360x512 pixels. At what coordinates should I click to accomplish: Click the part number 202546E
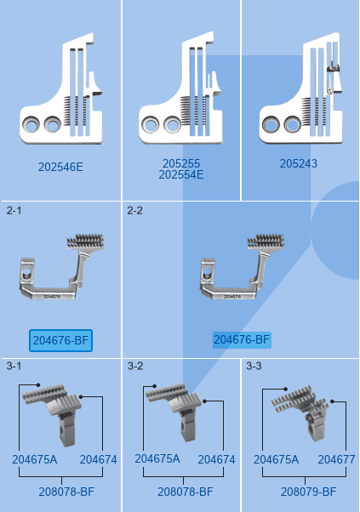pyautogui.click(x=60, y=167)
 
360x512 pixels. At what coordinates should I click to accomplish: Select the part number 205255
pyautogui.click(x=181, y=163)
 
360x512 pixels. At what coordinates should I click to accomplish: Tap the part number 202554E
pyautogui.click(x=181, y=174)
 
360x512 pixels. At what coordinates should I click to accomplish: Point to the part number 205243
pyautogui.click(x=298, y=163)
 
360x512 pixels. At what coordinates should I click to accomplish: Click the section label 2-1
pyautogui.click(x=14, y=211)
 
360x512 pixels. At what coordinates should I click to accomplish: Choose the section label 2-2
pyautogui.click(x=135, y=211)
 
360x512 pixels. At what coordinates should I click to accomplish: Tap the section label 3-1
pyautogui.click(x=14, y=366)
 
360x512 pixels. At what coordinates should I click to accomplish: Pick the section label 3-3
pyautogui.click(x=254, y=366)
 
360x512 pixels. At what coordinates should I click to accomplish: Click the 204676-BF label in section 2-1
pyautogui.click(x=60, y=340)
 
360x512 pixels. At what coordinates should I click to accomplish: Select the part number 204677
pyautogui.click(x=336, y=460)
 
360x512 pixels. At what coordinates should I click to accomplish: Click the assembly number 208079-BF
pyautogui.click(x=308, y=492)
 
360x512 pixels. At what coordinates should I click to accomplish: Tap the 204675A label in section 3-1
pyautogui.click(x=35, y=460)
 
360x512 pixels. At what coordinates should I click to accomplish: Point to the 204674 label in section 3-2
pyautogui.click(x=216, y=460)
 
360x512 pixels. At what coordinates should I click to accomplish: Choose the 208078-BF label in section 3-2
pyautogui.click(x=186, y=492)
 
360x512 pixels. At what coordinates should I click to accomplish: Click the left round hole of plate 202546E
pyautogui.click(x=31, y=124)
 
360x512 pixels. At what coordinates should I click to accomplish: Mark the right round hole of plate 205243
pyautogui.click(x=293, y=124)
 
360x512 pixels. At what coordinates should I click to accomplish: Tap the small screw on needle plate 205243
pyautogui.click(x=329, y=92)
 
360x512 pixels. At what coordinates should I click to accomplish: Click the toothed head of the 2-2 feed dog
pyautogui.click(x=266, y=242)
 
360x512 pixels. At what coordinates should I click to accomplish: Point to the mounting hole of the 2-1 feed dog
pyautogui.click(x=27, y=272)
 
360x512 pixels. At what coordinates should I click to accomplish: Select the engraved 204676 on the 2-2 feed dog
pyautogui.click(x=232, y=297)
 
